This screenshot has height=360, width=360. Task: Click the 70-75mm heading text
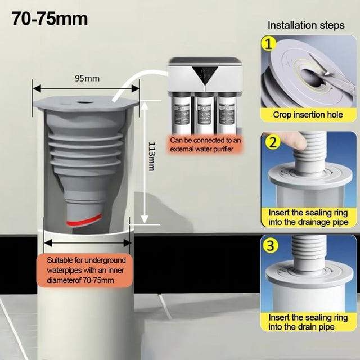click(49, 19)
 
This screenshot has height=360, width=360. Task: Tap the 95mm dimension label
click(87, 79)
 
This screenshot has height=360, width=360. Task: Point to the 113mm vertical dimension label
click(151, 156)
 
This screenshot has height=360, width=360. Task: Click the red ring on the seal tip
click(84, 220)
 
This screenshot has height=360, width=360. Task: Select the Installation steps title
click(306, 25)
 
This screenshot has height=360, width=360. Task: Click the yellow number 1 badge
click(268, 44)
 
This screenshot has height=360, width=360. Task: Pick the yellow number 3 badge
click(271, 245)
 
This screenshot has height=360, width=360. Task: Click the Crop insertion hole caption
click(308, 115)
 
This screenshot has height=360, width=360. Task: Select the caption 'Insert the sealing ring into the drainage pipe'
click(308, 218)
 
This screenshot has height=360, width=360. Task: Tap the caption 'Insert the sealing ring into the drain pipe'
click(308, 322)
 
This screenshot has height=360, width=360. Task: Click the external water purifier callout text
click(205, 145)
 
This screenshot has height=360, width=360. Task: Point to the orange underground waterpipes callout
click(84, 270)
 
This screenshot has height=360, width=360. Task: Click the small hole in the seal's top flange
click(84, 101)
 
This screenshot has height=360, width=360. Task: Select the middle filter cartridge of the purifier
click(204, 114)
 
